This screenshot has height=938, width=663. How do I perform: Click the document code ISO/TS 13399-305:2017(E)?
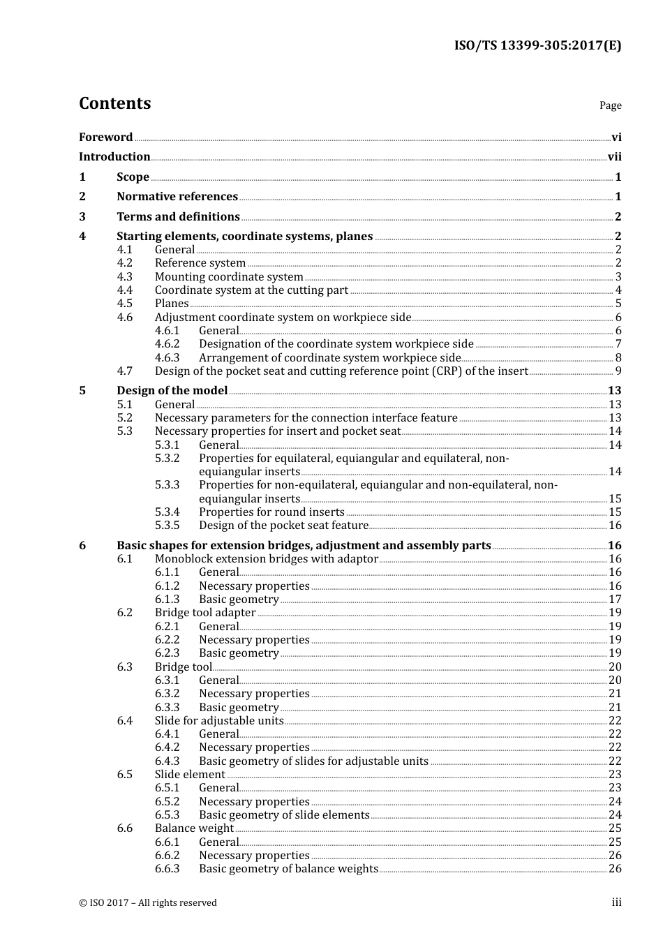[x=537, y=46]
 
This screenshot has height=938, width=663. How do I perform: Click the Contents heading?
[x=114, y=103]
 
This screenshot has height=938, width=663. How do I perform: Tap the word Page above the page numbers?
[x=610, y=105]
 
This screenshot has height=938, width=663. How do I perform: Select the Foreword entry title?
[x=105, y=137]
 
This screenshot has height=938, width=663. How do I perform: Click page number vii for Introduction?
[x=614, y=157]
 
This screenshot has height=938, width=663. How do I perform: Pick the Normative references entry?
[x=177, y=197]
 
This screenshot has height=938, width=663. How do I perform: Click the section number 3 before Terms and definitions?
[x=82, y=217]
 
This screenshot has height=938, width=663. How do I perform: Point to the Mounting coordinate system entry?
[x=229, y=277]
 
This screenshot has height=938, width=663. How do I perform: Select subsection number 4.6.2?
[x=167, y=344]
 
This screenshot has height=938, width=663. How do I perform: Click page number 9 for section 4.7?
[x=618, y=371]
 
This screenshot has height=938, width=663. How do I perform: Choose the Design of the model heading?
[x=172, y=391]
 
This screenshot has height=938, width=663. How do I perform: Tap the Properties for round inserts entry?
[x=271, y=512]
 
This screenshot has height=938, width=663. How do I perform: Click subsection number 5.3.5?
[x=167, y=526]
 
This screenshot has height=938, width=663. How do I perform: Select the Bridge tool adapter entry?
[x=205, y=613]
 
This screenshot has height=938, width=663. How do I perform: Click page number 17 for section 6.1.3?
[x=615, y=600]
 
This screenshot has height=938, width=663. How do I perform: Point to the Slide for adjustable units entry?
[x=219, y=721]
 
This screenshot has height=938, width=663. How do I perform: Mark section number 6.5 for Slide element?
[x=125, y=775]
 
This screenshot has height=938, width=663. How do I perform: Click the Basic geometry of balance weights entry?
[x=288, y=869]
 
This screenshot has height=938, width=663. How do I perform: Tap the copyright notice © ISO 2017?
[x=148, y=903]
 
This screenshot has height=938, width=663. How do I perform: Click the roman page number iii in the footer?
[x=616, y=902]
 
